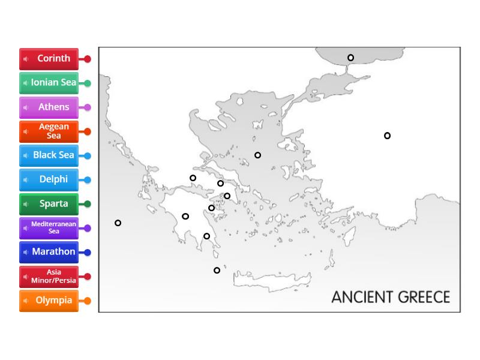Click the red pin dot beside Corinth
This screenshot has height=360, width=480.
click(88, 59)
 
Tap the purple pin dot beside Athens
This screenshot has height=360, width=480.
click(88, 107)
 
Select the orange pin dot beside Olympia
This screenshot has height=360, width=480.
click(88, 301)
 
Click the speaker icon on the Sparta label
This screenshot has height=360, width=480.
click(26, 204)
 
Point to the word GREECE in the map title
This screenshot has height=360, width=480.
click(421, 297)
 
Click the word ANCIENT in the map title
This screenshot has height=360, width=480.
click(359, 297)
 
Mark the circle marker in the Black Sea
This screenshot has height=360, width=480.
click(351, 58)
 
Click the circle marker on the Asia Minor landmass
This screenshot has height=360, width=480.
click(388, 136)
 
